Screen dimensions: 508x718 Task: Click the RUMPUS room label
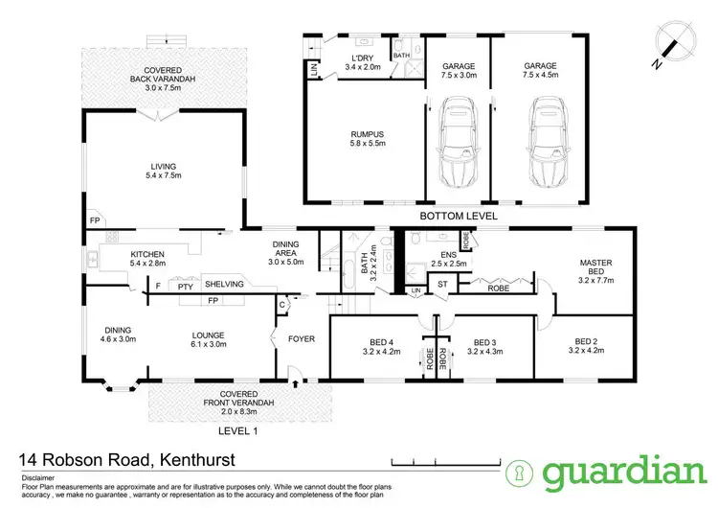[x=363, y=138]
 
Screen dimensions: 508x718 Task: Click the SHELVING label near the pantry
[x=222, y=285]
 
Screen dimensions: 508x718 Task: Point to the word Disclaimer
[x=34, y=474]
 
